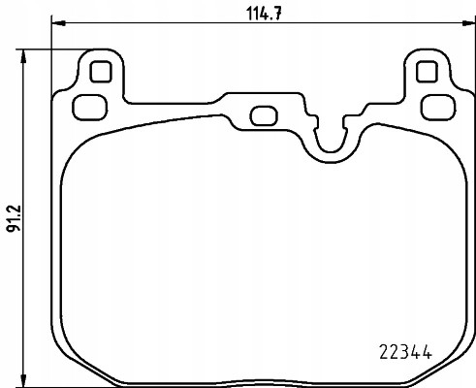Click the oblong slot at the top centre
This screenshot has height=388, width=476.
click(x=261, y=114)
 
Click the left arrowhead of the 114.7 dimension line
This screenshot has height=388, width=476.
click(x=55, y=23)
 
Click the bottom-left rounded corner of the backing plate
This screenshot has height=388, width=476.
click(x=73, y=356)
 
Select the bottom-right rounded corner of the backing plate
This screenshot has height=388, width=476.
click(x=449, y=356)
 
